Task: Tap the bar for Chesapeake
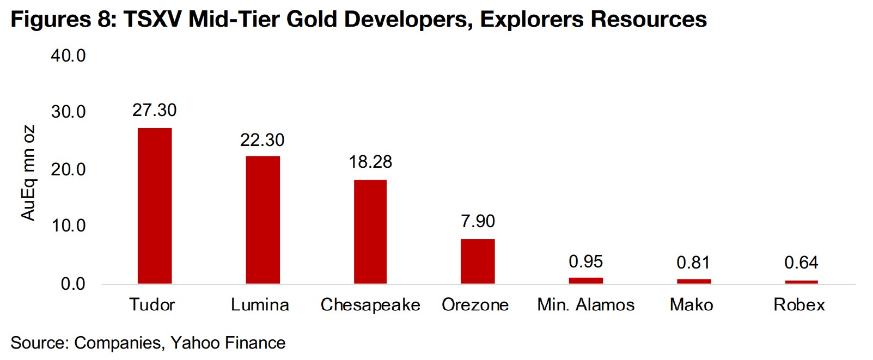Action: coord(370,231)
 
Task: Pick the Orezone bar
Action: coord(478,261)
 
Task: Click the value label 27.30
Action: coord(155,110)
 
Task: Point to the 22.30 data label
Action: coord(262,140)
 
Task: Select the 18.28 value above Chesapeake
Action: coord(370,162)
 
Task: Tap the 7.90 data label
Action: coord(478,221)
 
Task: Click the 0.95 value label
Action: coord(585,261)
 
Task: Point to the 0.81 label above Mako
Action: coord(693,263)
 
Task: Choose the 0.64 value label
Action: coord(801,263)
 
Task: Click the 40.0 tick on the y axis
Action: coord(68,56)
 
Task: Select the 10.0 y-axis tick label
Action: coord(68,225)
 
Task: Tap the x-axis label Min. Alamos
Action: coord(585,304)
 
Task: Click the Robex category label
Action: coord(799,304)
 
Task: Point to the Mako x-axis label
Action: coord(691,304)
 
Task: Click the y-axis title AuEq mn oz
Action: coord(28,173)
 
